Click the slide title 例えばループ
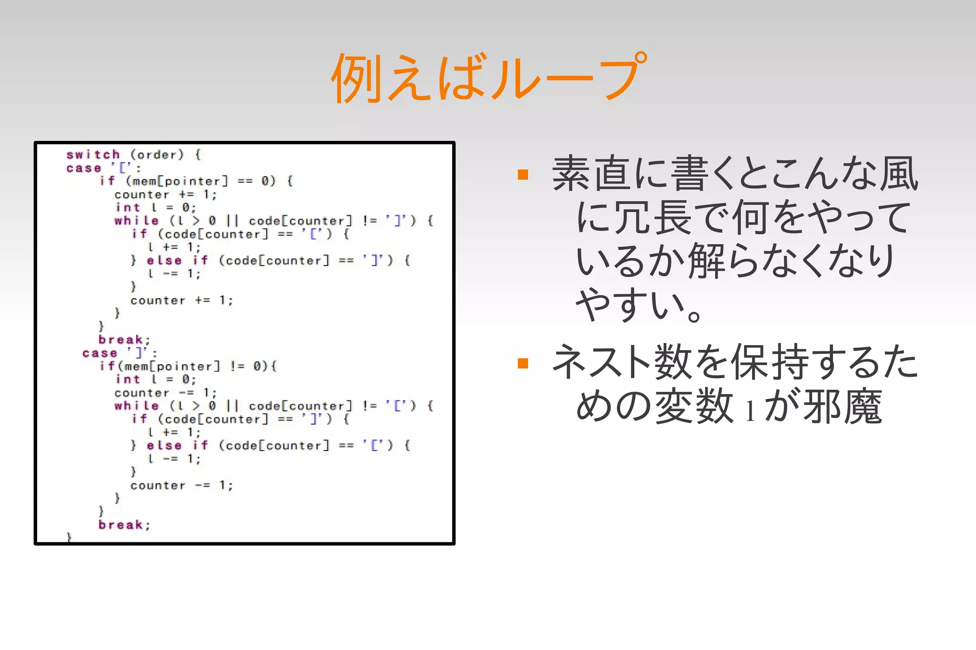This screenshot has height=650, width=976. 488,78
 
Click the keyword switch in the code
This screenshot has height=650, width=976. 93,155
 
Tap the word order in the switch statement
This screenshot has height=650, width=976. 153,155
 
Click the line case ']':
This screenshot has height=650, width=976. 119,353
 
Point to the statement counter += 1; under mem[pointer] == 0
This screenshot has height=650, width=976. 165,195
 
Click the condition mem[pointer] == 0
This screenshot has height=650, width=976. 201,181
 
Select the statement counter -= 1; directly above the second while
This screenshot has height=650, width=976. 165,393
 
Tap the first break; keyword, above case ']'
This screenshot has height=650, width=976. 124,340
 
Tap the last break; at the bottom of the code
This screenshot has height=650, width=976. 124,525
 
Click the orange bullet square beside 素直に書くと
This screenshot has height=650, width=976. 523,175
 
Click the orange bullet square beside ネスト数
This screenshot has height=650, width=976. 523,363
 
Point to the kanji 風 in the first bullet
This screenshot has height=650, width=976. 899,174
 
